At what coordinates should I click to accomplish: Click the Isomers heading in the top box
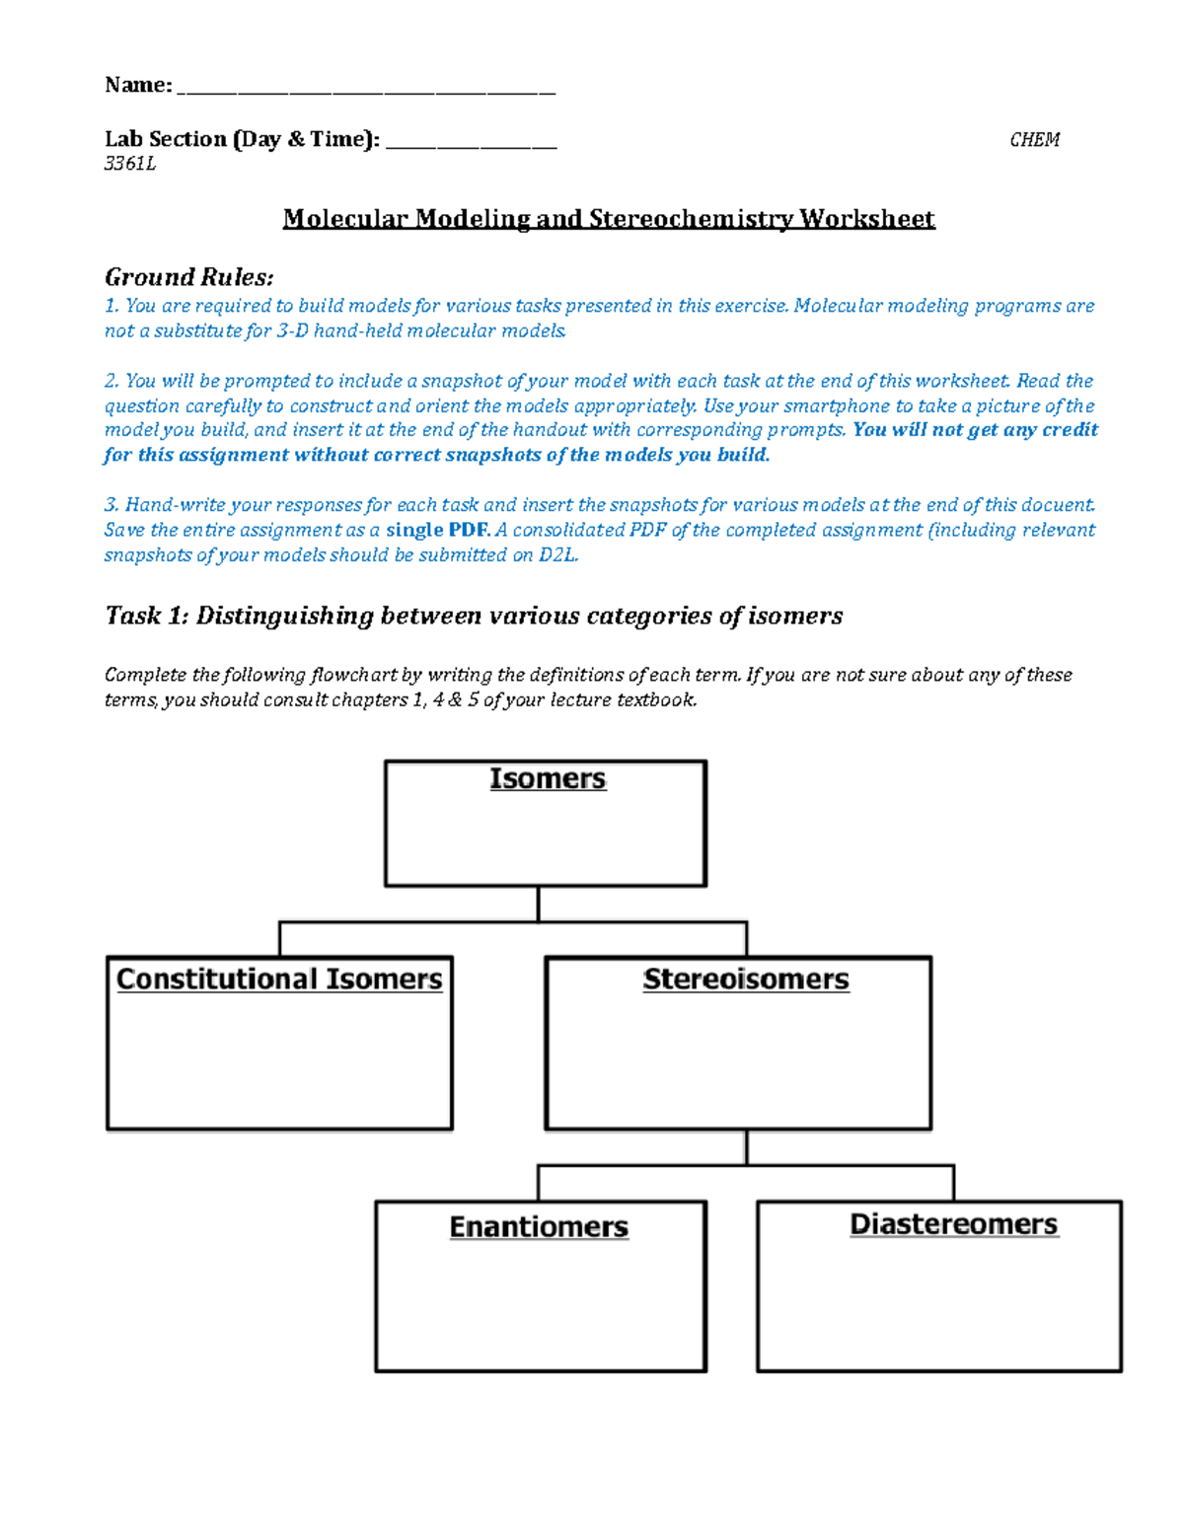(x=547, y=778)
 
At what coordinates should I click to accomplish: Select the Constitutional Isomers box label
(x=279, y=979)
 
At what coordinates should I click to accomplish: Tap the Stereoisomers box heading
(x=745, y=980)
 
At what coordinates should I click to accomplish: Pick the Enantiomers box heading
(x=539, y=1226)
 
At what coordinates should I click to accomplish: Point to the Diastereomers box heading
(x=953, y=1224)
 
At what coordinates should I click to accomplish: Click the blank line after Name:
(x=366, y=91)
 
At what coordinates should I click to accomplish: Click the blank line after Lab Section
(x=471, y=145)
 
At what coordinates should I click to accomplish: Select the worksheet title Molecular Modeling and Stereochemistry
(x=608, y=218)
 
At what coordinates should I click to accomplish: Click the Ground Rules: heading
(x=188, y=277)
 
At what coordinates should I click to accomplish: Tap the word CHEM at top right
(x=1034, y=140)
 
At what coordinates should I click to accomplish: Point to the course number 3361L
(x=130, y=164)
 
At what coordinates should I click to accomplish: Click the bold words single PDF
(x=437, y=530)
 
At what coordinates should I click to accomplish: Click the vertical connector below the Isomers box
(x=538, y=904)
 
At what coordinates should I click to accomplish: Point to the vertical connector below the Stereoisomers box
(x=747, y=1147)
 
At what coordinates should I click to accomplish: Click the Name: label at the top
(x=138, y=86)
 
